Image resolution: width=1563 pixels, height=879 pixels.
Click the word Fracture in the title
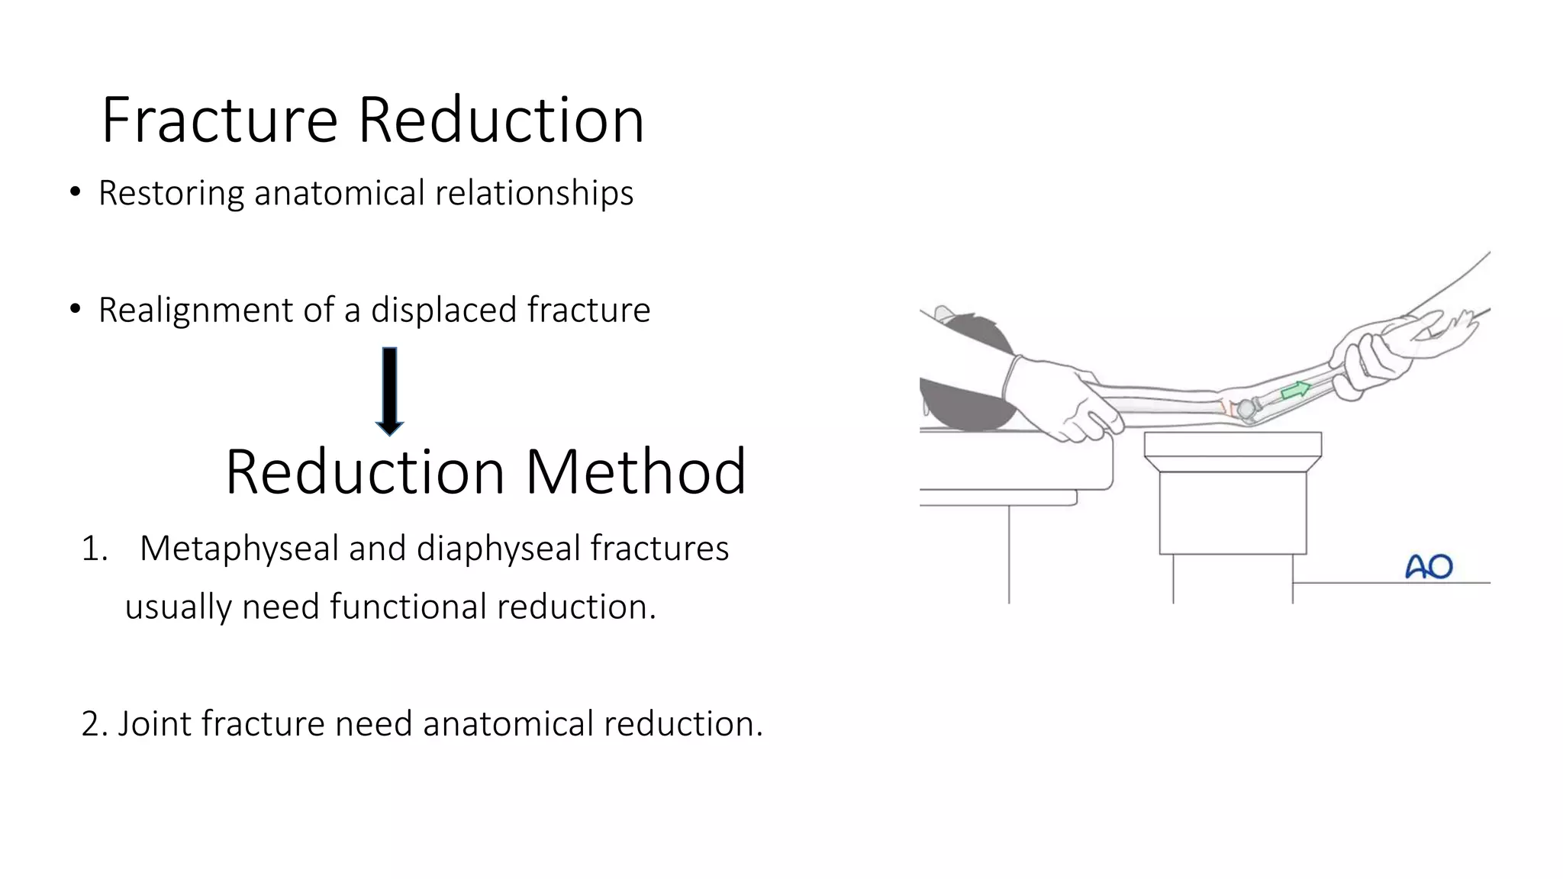click(220, 121)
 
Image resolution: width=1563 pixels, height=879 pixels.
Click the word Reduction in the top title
click(501, 121)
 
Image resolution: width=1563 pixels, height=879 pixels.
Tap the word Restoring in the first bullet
click(172, 193)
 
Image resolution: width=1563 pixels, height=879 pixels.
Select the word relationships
click(534, 193)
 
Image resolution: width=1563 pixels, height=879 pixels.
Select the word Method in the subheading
click(636, 472)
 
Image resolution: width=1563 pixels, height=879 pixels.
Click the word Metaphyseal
click(239, 549)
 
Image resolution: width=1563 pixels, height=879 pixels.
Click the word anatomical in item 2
click(508, 724)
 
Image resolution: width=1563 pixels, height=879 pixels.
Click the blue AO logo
click(1429, 567)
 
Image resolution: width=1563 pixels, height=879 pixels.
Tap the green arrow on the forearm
click(1295, 391)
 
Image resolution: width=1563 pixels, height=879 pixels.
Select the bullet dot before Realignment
click(75, 310)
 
